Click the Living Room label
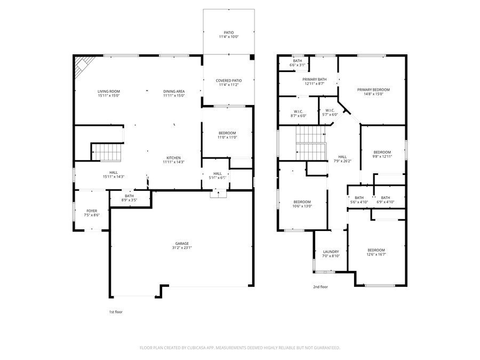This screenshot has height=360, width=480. click(x=108, y=91)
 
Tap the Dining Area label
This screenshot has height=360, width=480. click(x=173, y=91)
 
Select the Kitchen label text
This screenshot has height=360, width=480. click(x=173, y=158)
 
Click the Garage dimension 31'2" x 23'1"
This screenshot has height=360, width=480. click(x=182, y=247)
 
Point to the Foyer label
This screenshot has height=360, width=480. click(x=92, y=211)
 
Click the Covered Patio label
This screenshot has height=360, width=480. click(x=228, y=81)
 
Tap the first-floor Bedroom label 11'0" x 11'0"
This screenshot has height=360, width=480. click(x=227, y=133)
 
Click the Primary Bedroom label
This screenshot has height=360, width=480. click(x=373, y=90)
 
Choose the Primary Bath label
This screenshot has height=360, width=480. click(x=315, y=79)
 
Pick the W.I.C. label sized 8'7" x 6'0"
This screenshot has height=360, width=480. click(x=299, y=111)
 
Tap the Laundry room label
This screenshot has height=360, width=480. click(x=331, y=252)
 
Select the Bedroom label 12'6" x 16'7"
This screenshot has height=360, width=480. click(x=376, y=250)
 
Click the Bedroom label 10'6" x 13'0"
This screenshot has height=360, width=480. click(x=302, y=202)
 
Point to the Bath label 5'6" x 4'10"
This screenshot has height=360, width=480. click(x=359, y=198)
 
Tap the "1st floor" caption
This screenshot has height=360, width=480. click(x=115, y=312)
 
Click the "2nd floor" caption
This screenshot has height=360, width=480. click(x=321, y=286)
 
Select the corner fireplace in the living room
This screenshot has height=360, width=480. click(x=81, y=66)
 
